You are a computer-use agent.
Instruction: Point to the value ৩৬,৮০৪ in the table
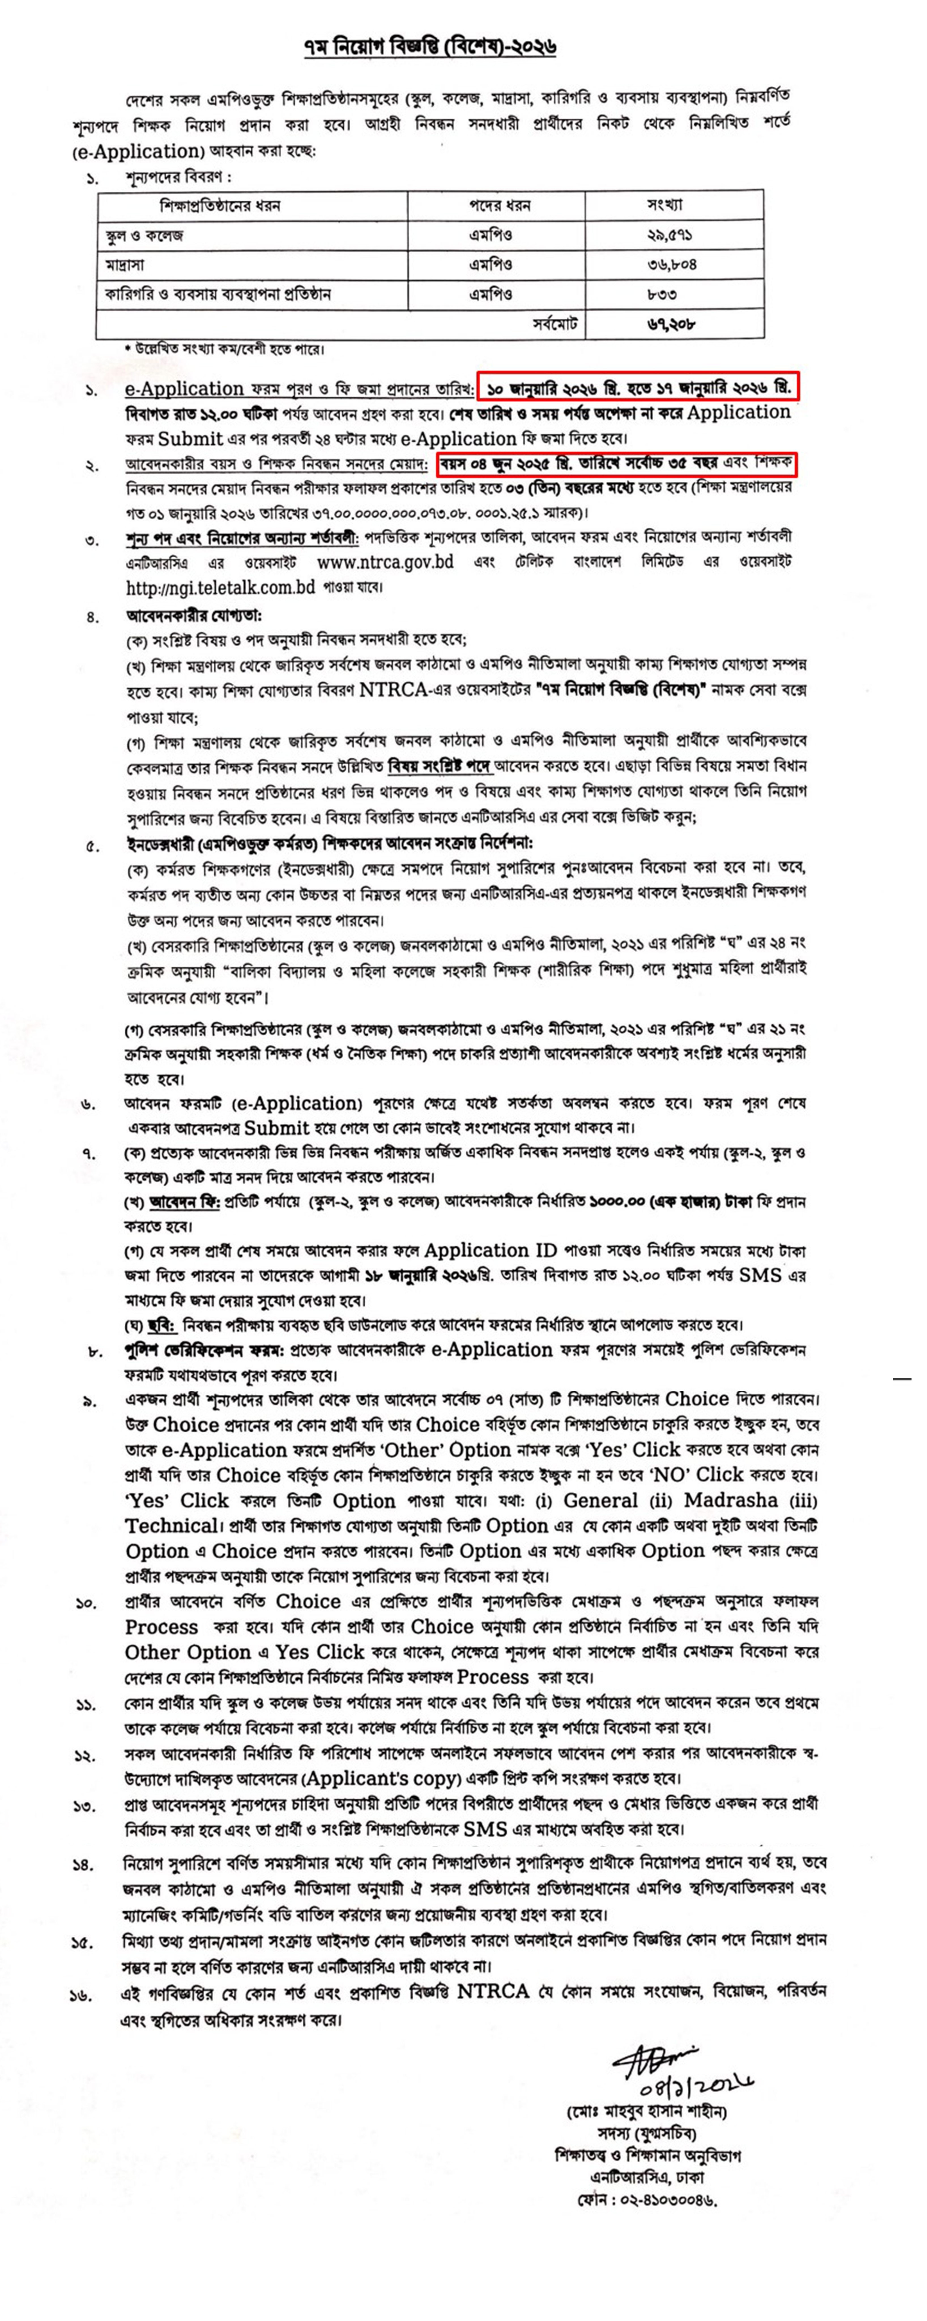[x=671, y=265]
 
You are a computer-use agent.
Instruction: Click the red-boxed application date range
[x=638, y=388]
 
